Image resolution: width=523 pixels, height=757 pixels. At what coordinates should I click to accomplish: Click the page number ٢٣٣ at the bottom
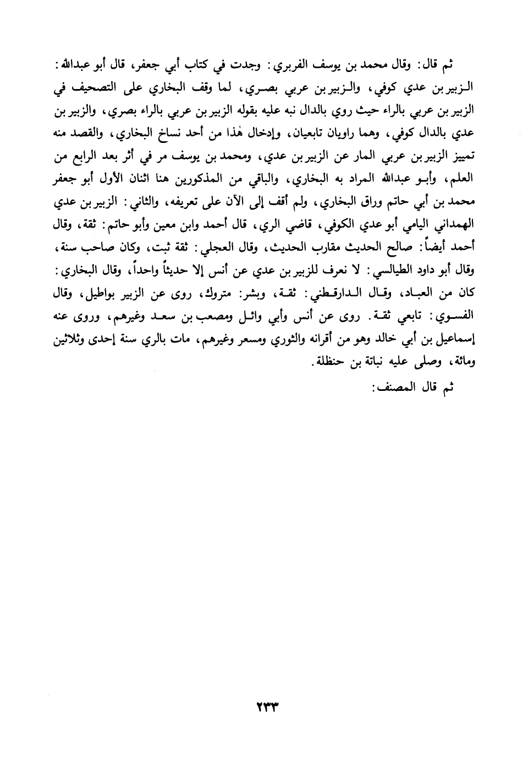pyautogui.click(x=261, y=705)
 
